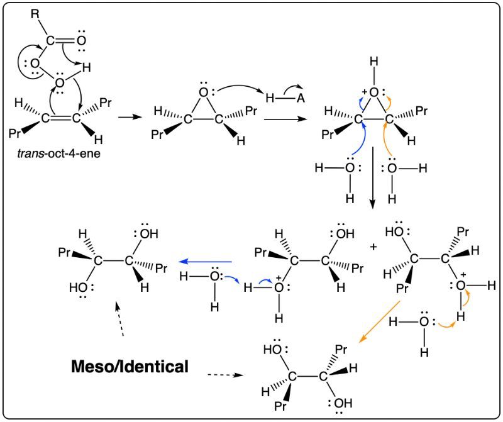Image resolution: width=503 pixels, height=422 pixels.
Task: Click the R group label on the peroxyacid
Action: pyautogui.click(x=35, y=14)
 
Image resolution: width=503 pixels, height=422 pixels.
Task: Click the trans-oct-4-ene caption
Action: pyautogui.click(x=58, y=153)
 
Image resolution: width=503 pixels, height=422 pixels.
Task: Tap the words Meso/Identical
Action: pyautogui.click(x=130, y=367)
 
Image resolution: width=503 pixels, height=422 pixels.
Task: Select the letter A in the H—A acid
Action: pyautogui.click(x=301, y=98)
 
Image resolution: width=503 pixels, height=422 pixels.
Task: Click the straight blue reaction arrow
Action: pyautogui.click(x=206, y=262)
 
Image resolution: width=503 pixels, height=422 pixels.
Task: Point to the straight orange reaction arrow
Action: pyautogui.click(x=379, y=322)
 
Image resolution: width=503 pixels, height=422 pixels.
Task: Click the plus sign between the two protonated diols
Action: pyautogui.click(x=373, y=247)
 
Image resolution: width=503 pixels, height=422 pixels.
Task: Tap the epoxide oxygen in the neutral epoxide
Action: pyautogui.click(x=203, y=92)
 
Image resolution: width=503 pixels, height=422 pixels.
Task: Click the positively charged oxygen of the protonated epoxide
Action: pyautogui.click(x=373, y=92)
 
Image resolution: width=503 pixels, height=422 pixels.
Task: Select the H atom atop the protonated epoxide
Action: pyautogui.click(x=373, y=62)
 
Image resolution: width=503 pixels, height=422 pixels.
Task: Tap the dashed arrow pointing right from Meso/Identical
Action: pyautogui.click(x=226, y=375)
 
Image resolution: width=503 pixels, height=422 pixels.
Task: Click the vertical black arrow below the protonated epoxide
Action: pyautogui.click(x=372, y=177)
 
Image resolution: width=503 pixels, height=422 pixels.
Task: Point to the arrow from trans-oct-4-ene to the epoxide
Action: pyautogui.click(x=130, y=117)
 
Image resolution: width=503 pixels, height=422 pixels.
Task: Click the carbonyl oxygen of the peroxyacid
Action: pyautogui.click(x=82, y=41)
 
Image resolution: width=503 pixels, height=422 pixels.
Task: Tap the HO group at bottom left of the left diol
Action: pyautogui.click(x=77, y=287)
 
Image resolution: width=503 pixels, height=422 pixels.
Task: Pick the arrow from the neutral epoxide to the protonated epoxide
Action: pyautogui.click(x=285, y=119)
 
